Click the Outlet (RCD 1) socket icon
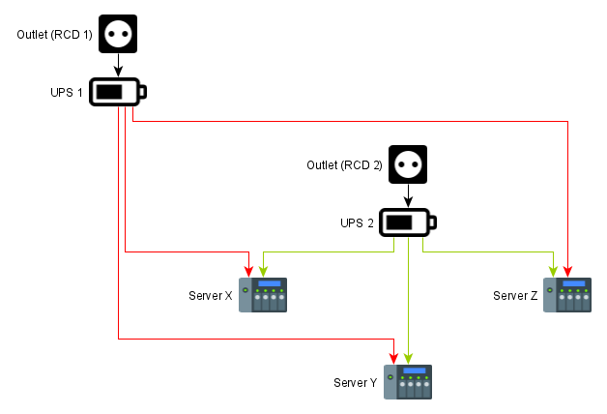point(117,35)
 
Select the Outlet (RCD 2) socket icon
point(407,165)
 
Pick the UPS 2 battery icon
point(407,223)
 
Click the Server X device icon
point(264,295)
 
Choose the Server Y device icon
point(408,382)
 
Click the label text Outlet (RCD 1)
point(54,35)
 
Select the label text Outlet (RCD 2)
point(344,165)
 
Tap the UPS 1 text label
point(66,93)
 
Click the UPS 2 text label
point(357,223)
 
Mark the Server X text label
point(211,295)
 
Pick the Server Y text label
point(355,383)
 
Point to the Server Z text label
point(514,295)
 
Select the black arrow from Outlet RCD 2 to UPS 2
point(407,196)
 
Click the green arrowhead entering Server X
point(263,271)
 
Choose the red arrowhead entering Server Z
point(567,271)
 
